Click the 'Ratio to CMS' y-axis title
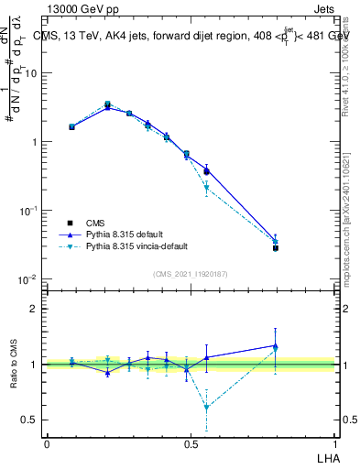tap(15, 365)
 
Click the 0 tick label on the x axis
tap(47, 442)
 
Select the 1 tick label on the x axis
tap(335, 442)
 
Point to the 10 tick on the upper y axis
tap(30, 73)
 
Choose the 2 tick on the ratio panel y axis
tap(34, 309)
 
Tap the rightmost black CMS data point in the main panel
tap(275, 248)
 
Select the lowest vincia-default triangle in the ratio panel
tap(206, 407)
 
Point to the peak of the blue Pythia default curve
tap(108, 107)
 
